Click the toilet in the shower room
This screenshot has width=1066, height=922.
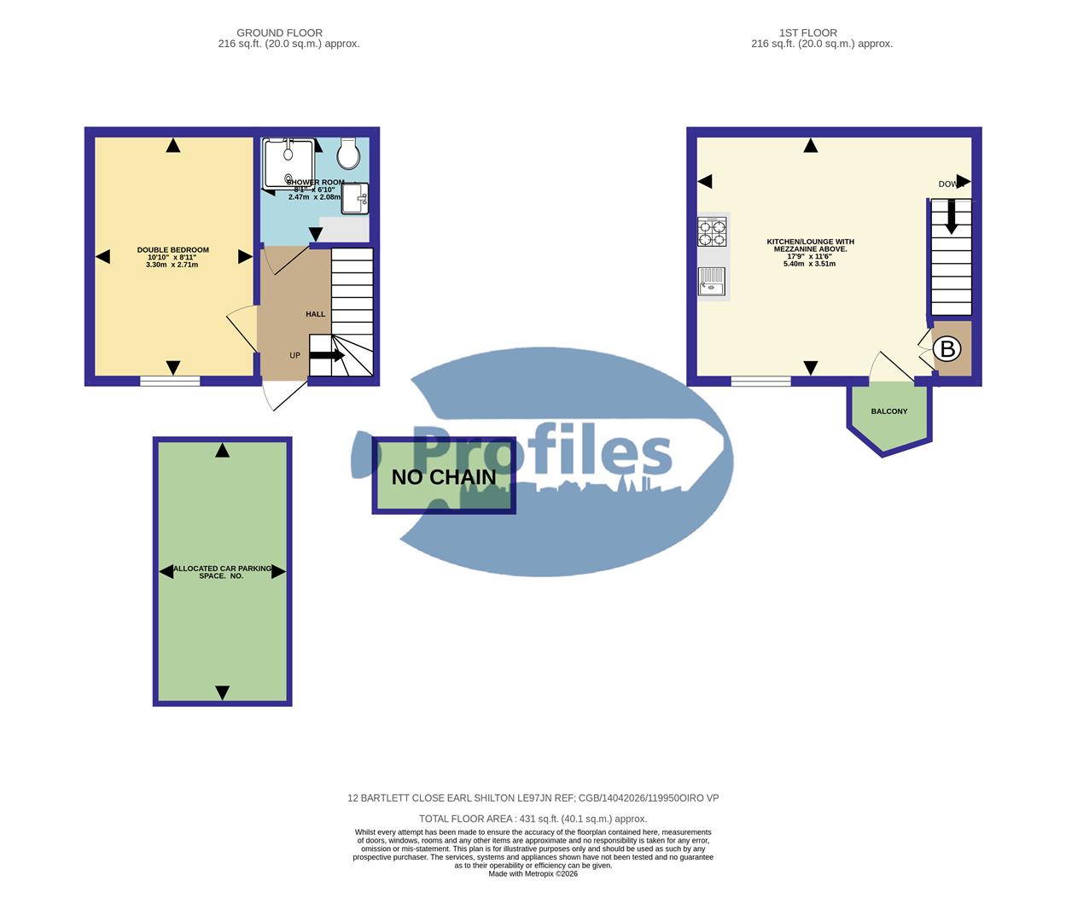348,154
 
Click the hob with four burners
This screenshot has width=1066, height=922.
713,231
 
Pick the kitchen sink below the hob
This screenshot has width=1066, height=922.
711,282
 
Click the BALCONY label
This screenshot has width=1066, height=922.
889,411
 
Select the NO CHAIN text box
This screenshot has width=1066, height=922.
444,476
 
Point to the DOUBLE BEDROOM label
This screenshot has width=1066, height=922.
172,250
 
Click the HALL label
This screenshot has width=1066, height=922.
316,314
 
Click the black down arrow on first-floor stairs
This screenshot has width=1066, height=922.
951,219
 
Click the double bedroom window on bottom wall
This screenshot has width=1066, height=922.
171,381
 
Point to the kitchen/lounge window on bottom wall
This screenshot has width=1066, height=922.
760,381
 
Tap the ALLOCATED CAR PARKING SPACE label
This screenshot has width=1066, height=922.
222,572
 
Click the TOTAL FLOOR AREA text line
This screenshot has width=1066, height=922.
533,819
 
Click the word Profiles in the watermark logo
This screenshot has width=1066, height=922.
543,452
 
